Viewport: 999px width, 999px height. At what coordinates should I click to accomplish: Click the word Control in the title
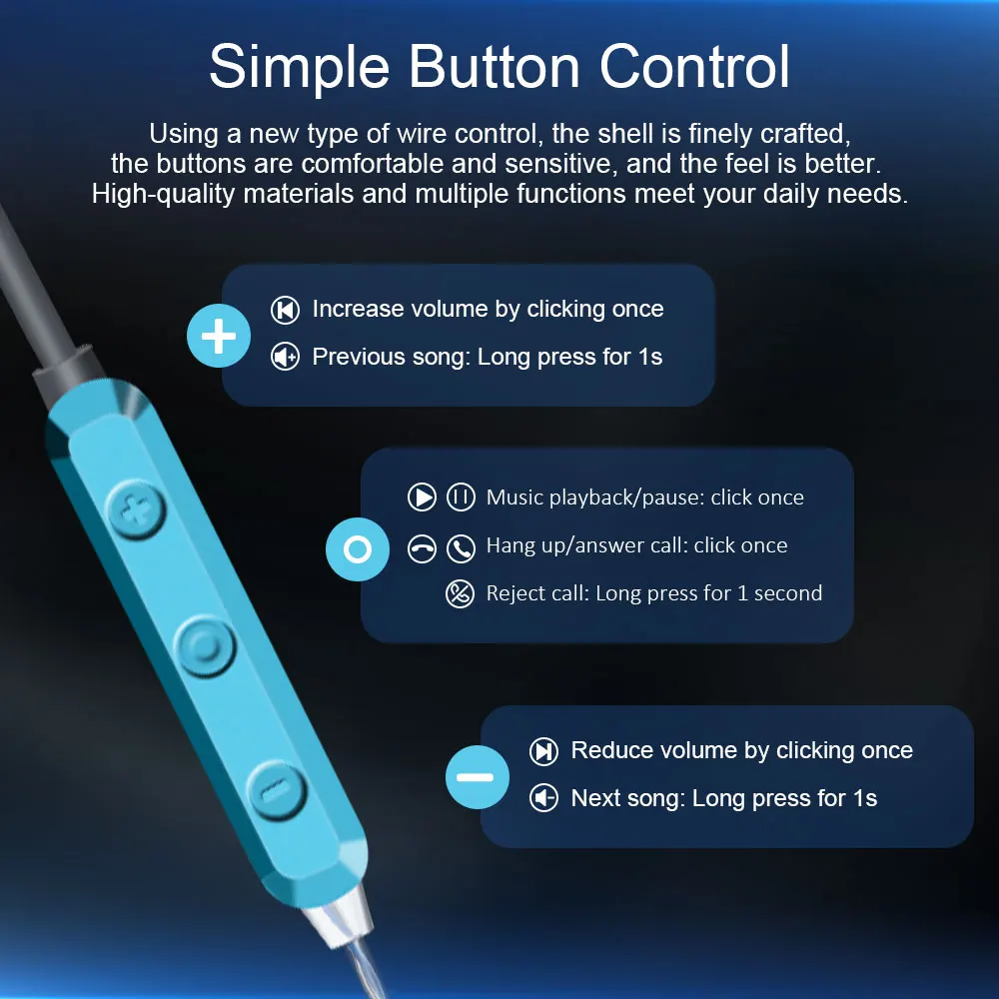click(694, 66)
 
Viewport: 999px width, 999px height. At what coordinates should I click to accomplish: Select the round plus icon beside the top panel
click(219, 336)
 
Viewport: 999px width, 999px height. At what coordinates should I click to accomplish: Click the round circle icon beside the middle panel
click(358, 549)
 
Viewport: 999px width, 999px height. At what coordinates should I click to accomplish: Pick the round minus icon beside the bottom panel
click(478, 777)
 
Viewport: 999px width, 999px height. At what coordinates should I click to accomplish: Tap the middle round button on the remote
click(205, 646)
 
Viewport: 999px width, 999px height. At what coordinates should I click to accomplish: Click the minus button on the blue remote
click(277, 790)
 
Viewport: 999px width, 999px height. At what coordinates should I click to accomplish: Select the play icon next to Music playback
click(422, 497)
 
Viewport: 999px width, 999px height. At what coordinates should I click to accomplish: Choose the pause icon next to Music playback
click(461, 497)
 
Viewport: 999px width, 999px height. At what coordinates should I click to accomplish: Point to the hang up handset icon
click(422, 548)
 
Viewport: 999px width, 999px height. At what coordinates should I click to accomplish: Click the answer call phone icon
click(461, 548)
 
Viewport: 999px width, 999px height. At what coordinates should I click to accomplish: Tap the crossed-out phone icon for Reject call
click(460, 593)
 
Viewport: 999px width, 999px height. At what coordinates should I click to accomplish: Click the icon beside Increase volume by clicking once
click(285, 311)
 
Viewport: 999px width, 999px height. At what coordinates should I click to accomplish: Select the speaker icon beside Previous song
click(285, 357)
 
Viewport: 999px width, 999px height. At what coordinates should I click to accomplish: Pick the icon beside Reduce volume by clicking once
click(543, 751)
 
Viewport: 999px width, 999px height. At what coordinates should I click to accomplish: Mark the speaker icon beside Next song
click(543, 797)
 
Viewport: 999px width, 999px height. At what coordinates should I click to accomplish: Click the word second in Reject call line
click(788, 593)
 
